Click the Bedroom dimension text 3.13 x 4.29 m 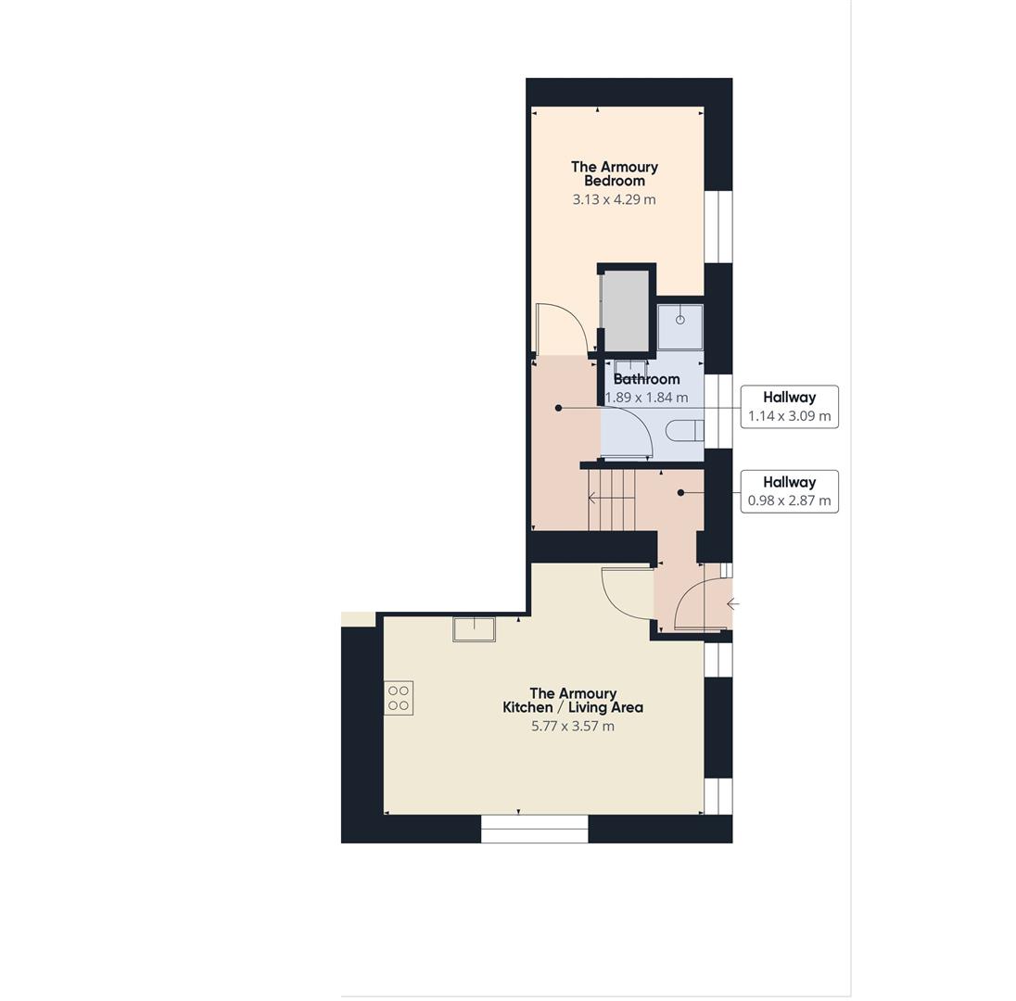pyautogui.click(x=614, y=199)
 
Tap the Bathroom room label pyautogui.click(x=646, y=379)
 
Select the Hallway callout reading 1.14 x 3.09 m pyautogui.click(x=789, y=407)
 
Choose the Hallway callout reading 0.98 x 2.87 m pyautogui.click(x=789, y=491)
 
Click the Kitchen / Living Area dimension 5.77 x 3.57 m pyautogui.click(x=572, y=726)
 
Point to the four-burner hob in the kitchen pyautogui.click(x=399, y=698)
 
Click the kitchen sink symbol pyautogui.click(x=474, y=628)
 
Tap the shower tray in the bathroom pyautogui.click(x=679, y=326)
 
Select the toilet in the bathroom pyautogui.click(x=686, y=430)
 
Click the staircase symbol pyautogui.click(x=611, y=499)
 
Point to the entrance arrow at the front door pyautogui.click(x=732, y=604)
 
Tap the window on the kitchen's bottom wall pyautogui.click(x=534, y=829)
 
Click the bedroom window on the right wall pyautogui.click(x=718, y=226)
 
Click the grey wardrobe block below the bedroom pyautogui.click(x=626, y=310)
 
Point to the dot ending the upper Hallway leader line pyautogui.click(x=558, y=408)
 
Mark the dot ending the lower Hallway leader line pyautogui.click(x=680, y=492)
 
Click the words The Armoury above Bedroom pyautogui.click(x=614, y=167)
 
